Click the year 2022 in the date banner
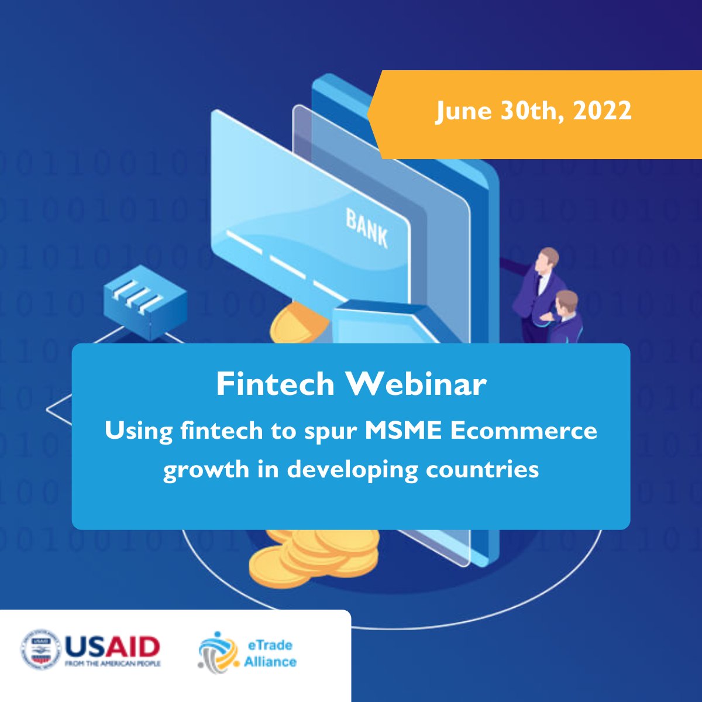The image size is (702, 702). pos(602,111)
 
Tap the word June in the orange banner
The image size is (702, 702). pos(462,111)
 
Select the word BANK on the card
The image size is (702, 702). pos(367,228)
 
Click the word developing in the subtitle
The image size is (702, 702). pos(352,470)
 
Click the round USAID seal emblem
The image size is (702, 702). pos(41,649)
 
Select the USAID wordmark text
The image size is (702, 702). pos(112,646)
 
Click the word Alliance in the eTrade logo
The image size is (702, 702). pos(270,662)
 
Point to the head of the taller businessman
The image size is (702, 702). pos(548,258)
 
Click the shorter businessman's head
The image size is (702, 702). pos(567,302)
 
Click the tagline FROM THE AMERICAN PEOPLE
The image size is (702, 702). pos(112,664)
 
